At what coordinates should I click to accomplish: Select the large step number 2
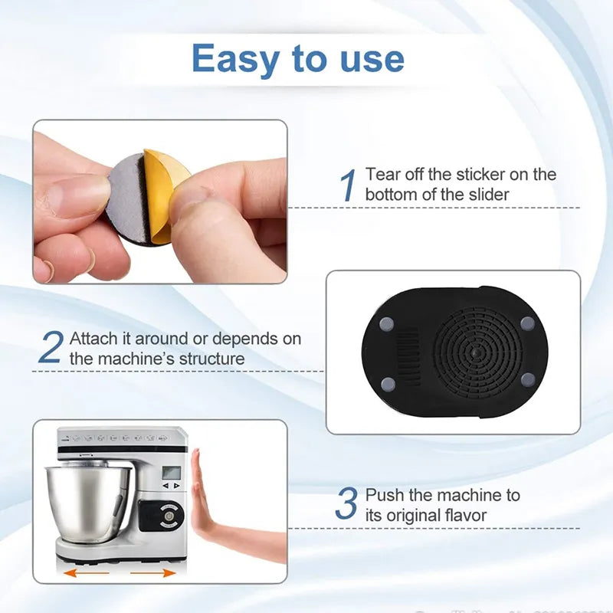[51, 348]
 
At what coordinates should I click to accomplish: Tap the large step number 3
[347, 505]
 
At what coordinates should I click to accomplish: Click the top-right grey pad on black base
[526, 323]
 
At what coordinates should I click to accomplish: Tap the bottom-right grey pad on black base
[528, 378]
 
